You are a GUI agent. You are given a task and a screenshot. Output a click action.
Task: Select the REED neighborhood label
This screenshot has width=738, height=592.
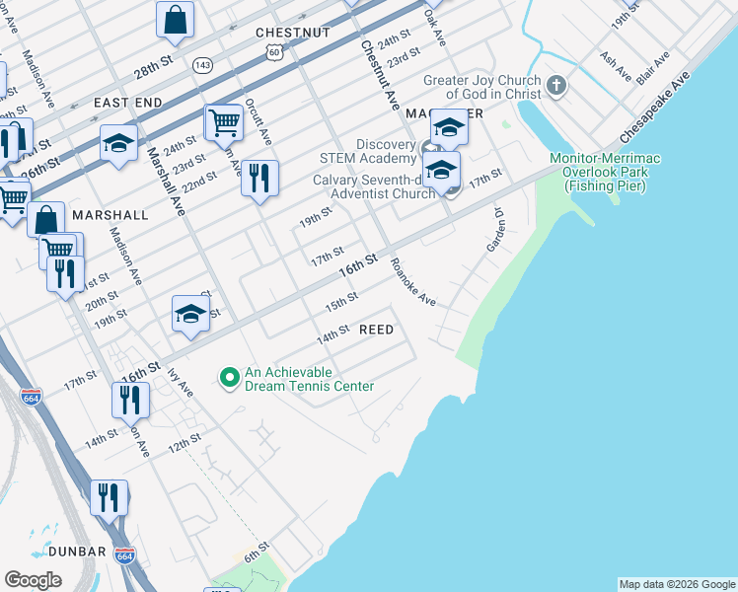click(376, 330)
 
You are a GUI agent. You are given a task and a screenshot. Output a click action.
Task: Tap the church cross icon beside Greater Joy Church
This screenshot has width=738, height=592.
click(556, 86)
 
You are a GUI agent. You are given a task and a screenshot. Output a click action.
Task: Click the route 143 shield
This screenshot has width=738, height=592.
click(203, 65)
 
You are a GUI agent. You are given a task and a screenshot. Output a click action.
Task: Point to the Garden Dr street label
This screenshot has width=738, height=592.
click(496, 231)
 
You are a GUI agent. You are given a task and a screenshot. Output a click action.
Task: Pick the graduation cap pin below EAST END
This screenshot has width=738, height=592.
click(118, 143)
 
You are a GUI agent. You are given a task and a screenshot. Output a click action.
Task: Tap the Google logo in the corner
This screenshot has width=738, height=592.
click(33, 580)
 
